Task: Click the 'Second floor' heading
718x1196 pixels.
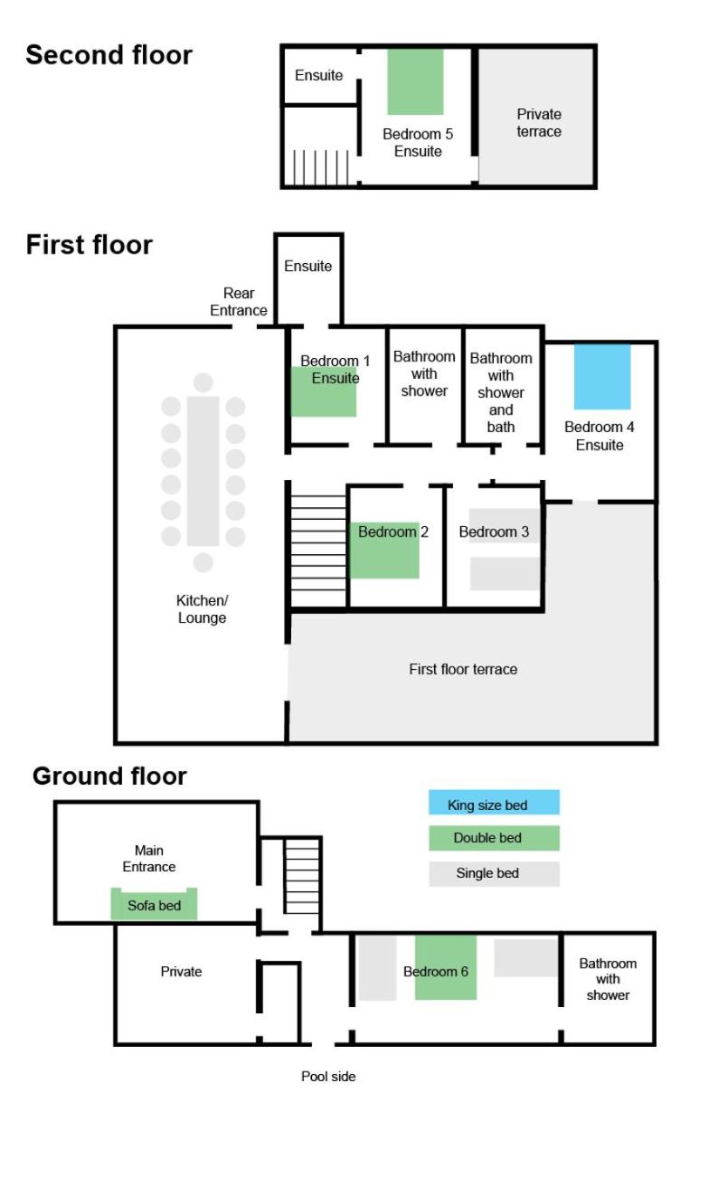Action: click(x=109, y=55)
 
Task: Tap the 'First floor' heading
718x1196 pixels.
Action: click(x=90, y=246)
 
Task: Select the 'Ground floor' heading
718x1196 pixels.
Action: click(x=109, y=777)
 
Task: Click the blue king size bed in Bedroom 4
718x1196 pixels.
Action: click(x=602, y=377)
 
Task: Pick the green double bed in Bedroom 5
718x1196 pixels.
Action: click(x=415, y=81)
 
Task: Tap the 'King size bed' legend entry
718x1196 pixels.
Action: click(x=494, y=803)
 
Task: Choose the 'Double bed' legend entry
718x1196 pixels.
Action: click(x=494, y=838)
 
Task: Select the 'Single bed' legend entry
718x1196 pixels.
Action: click(x=494, y=874)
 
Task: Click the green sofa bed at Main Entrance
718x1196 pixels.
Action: click(x=154, y=905)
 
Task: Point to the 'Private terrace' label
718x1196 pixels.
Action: click(x=539, y=123)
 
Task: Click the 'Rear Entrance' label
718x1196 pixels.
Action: click(x=238, y=302)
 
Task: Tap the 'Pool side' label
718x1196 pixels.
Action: click(x=328, y=1077)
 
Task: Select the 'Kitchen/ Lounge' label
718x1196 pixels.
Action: click(x=202, y=609)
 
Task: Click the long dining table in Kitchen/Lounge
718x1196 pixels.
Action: click(x=203, y=471)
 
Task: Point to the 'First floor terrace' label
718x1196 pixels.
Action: click(x=463, y=670)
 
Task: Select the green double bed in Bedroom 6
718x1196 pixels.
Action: click(x=446, y=968)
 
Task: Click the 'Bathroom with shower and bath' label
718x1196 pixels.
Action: click(x=501, y=393)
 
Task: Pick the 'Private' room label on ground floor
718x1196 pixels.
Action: click(x=181, y=972)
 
